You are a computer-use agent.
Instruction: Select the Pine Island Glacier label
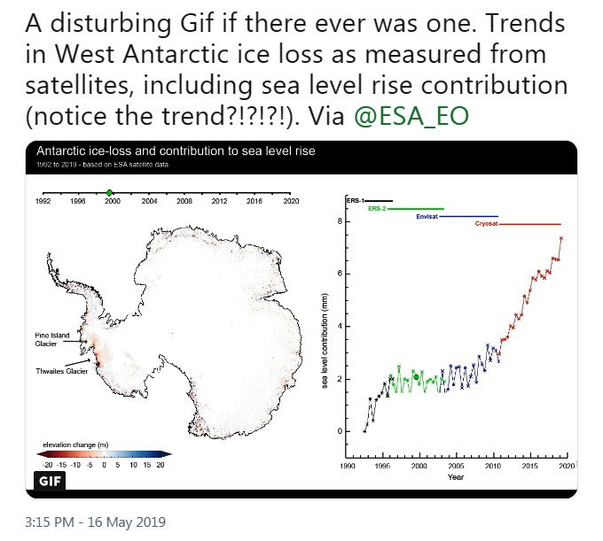pos(45,340)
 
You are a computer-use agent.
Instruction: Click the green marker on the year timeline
pos(109,192)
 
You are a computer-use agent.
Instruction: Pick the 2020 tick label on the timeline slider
pos(290,202)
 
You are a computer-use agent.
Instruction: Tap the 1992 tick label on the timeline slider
pos(42,202)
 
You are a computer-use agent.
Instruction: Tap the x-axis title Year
pos(456,477)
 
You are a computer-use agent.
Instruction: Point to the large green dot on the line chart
pos(416,377)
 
